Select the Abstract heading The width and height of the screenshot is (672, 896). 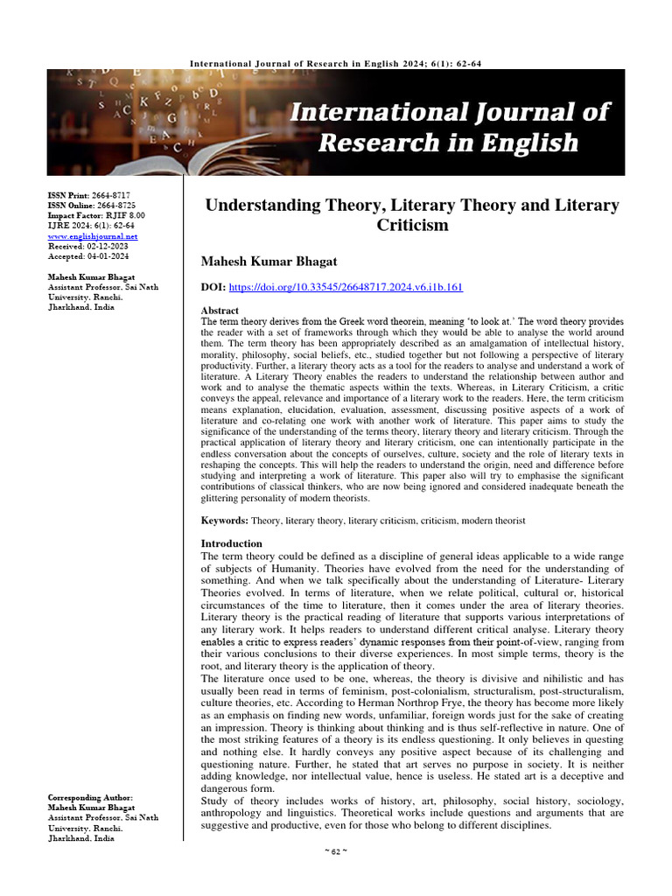point(220,310)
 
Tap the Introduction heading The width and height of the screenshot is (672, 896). point(232,543)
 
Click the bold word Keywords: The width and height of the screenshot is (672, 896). point(225,521)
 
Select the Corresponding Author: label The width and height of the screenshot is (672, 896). point(91,798)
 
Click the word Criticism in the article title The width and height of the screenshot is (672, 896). point(411,225)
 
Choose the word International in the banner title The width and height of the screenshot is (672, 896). point(367,112)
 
